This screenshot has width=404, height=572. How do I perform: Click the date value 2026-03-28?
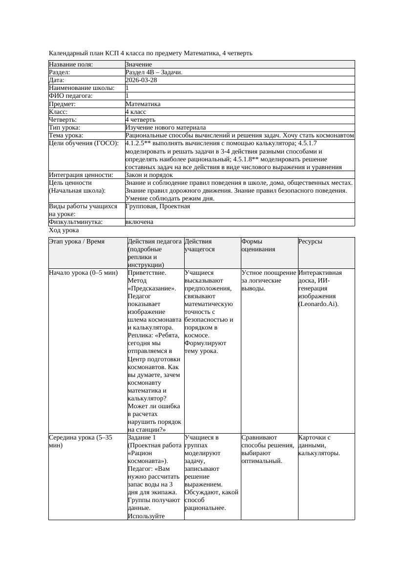click(x=141, y=80)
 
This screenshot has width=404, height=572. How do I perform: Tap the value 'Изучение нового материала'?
click(x=166, y=128)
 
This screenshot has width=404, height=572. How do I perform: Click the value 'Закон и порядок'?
click(x=149, y=175)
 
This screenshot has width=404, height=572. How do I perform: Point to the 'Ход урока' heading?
click(x=64, y=230)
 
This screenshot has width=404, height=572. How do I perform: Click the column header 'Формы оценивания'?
click(x=258, y=245)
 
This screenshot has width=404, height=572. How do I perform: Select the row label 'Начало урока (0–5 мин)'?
click(x=84, y=273)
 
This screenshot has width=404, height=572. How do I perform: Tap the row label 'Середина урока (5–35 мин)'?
click(x=81, y=441)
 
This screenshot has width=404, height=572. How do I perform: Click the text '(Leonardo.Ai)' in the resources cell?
click(x=319, y=304)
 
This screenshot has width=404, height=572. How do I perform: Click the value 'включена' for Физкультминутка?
click(x=139, y=222)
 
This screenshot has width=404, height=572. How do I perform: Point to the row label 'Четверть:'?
click(x=63, y=120)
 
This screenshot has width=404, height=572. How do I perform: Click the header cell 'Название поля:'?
click(x=71, y=65)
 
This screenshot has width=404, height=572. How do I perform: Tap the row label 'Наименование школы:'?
click(x=82, y=88)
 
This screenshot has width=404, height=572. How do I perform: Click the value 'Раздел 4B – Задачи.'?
click(x=154, y=72)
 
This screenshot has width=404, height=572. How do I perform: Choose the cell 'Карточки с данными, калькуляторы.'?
click(x=319, y=445)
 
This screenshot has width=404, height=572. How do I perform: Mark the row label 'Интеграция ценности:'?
click(x=81, y=175)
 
